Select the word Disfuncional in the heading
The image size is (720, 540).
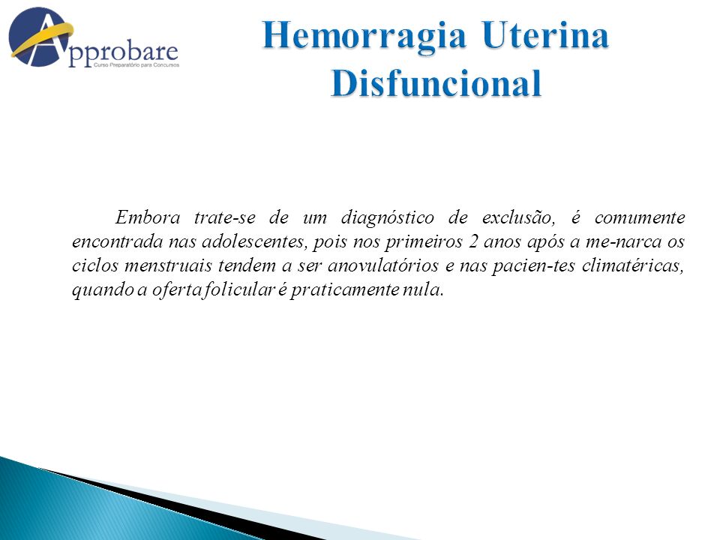(436, 83)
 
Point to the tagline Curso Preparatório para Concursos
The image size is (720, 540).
(136, 65)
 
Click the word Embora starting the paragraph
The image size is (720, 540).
(148, 217)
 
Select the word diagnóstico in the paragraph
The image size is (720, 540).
(387, 217)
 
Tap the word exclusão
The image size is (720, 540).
(518, 217)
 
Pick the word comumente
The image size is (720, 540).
(640, 217)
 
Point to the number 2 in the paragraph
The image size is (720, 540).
(473, 241)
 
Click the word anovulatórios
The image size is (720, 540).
(383, 265)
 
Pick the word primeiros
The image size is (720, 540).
(423, 242)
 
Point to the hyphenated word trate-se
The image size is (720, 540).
(224, 217)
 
